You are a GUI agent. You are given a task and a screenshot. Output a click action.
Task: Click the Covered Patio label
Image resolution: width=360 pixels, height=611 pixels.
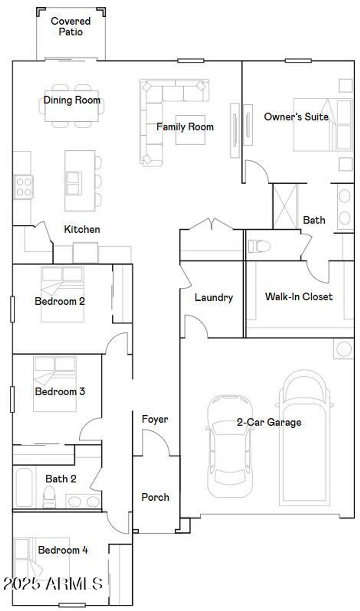coord(71,26)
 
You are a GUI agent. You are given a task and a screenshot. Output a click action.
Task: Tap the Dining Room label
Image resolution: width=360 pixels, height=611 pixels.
coord(72,100)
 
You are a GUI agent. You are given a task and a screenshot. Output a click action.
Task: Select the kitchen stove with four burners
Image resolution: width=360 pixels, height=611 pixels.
coord(24,187)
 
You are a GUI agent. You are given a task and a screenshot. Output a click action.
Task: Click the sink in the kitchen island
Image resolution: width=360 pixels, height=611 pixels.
coord(74,183)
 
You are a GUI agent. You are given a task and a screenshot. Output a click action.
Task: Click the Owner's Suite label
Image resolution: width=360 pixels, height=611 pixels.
coord(296,117)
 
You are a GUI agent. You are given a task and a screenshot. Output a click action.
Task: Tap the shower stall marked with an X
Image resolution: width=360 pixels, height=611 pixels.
coord(285,206)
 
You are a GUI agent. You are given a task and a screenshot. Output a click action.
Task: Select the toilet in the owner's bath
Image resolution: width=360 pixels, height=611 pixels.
coord(259,246)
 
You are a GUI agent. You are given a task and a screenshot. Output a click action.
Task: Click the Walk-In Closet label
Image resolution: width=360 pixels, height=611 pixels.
coord(298,297)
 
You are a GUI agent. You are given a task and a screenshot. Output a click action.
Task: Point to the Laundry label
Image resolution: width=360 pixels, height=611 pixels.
coord(214,298)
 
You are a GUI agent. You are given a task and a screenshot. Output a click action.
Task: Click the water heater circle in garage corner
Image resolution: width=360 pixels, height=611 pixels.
coord(343,349)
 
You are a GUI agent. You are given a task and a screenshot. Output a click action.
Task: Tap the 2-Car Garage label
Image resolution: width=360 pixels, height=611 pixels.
coord(269,422)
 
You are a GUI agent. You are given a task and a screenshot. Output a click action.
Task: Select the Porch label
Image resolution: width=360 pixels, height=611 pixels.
coord(155,497)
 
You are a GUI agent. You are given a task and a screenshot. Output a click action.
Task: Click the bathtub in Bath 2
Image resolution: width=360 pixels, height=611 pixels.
coord(24,487)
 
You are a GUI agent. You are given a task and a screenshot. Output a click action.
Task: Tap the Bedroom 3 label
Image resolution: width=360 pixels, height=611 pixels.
coord(60,391)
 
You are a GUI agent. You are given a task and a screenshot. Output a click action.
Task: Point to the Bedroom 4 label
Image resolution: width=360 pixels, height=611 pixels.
coord(63,550)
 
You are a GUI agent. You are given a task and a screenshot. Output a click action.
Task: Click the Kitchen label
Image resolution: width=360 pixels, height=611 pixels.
coord(82,229)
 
